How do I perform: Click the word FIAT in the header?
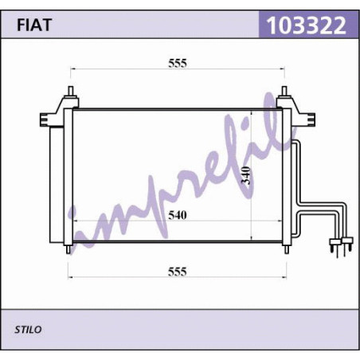34,25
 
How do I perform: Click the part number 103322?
306,25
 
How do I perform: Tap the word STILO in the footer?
28,330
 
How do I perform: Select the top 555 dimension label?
178,63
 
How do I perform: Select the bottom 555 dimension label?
178,272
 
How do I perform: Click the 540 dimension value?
178,215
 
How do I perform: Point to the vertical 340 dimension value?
246,175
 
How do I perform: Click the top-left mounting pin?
71,92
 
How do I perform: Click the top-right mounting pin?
284,92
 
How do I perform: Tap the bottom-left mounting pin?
68,249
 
